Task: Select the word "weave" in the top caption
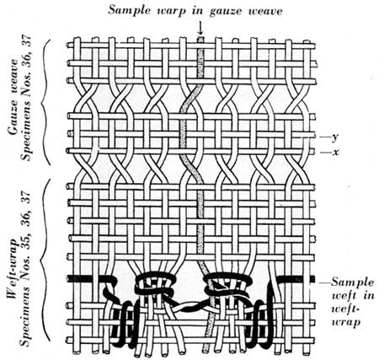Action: tap(265, 11)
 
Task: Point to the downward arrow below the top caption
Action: tap(200, 28)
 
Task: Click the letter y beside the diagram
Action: tap(334, 137)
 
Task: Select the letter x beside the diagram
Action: tap(335, 153)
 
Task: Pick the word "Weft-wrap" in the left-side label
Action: tap(13, 271)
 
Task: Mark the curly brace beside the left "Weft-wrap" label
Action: tap(45, 259)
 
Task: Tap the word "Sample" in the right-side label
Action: tap(353, 282)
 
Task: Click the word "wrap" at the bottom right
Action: tap(346, 322)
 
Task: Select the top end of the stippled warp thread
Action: tap(200, 38)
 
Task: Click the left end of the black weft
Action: tap(68, 279)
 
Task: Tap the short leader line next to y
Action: tap(325, 137)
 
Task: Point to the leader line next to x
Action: tap(325, 153)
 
